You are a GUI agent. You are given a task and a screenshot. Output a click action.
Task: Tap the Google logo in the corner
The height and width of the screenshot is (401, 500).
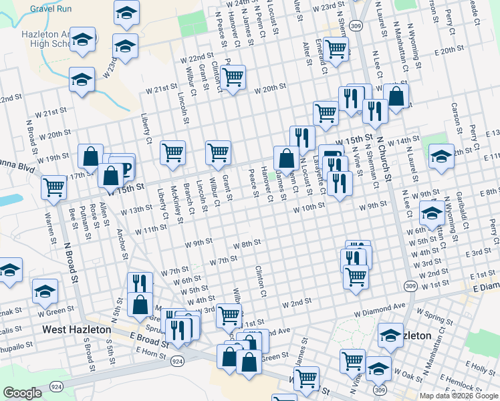coord(22,393)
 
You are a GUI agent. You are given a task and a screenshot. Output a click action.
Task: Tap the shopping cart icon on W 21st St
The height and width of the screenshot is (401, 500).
coord(233,78)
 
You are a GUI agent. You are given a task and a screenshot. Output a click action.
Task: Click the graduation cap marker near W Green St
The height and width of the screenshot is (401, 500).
coord(45,291)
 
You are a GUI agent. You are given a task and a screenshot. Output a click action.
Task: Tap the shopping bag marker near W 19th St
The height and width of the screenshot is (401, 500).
coord(90,156)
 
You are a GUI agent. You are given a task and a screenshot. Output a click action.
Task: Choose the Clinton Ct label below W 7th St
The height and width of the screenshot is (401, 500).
coord(261,281)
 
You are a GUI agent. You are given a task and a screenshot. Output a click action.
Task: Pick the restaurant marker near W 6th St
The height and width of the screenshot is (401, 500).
coord(140,283)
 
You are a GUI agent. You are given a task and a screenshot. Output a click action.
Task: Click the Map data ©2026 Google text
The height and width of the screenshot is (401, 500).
coord(458,395)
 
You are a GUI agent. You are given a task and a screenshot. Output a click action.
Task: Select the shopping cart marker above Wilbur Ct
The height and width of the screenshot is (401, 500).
coord(218,152)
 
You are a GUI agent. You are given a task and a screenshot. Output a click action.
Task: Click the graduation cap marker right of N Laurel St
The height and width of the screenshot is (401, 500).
coord(441,156)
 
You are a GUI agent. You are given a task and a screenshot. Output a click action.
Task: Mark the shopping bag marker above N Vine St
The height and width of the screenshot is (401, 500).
coord(396,96)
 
